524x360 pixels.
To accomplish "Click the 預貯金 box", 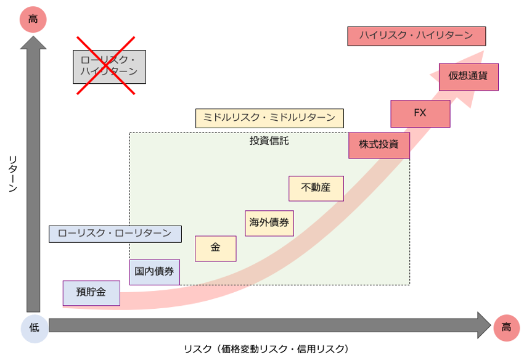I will point(91,293).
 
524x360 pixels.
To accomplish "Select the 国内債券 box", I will point(155,272).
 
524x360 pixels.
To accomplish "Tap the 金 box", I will point(215,248).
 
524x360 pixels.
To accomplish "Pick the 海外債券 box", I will point(269,223).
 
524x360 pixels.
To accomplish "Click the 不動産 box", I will point(316,188).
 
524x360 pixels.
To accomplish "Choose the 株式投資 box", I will point(379,145).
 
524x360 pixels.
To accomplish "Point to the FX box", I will point(420,113).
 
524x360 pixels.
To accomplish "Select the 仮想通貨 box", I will point(469,77).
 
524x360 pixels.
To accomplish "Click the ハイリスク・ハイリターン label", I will point(416,36).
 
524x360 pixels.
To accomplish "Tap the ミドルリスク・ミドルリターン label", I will point(269,118).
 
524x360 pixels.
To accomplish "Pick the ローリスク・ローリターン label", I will point(115,234).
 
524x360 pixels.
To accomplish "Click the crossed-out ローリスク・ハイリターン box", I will point(109,67).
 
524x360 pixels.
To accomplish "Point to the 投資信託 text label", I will point(269,141).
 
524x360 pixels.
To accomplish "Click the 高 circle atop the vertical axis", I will point(33,20).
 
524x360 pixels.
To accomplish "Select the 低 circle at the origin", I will point(34,328).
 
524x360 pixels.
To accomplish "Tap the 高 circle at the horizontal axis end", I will point(506,327).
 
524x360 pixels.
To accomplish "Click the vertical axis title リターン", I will point(13,174).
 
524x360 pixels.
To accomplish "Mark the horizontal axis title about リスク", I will point(266,349).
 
